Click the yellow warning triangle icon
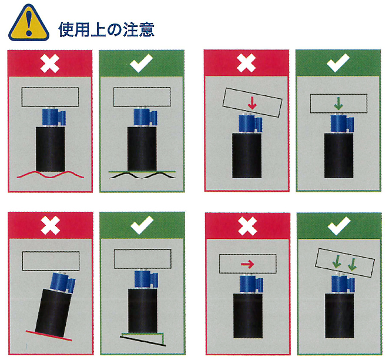pyautogui.click(x=29, y=23)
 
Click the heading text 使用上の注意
pyautogui.click(x=106, y=30)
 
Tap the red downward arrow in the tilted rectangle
pyautogui.click(x=252, y=104)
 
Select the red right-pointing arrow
pyautogui.click(x=247, y=264)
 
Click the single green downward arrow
pyautogui.click(x=338, y=104)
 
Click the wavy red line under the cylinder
pyautogui.click(x=51, y=175)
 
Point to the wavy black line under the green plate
pyautogui.click(x=142, y=176)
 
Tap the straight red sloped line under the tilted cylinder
pyautogui.click(x=49, y=335)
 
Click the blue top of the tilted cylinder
pyautogui.click(x=63, y=282)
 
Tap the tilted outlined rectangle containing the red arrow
pyautogui.click(x=252, y=102)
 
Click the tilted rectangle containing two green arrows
pyautogui.click(x=345, y=262)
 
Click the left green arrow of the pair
pyautogui.click(x=337, y=262)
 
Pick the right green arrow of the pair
pyautogui.click(x=353, y=265)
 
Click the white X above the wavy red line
pyautogui.click(x=50, y=64)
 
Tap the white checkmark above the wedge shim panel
pyautogui.click(x=142, y=225)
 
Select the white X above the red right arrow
pyautogui.click(x=247, y=226)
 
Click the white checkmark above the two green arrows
pyautogui.click(x=339, y=226)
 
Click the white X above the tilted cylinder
pyautogui.click(x=51, y=225)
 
